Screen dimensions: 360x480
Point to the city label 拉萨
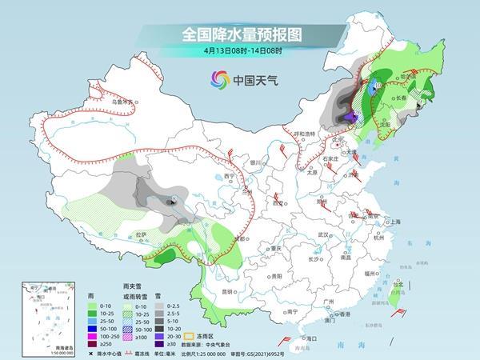click(x=141, y=234)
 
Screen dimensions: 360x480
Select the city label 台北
click(x=395, y=282)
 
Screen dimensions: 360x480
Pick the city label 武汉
click(x=322, y=234)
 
